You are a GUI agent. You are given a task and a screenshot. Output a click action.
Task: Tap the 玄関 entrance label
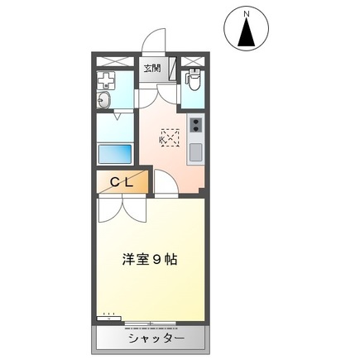click(152, 69)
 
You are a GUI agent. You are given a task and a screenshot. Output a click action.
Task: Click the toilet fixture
click(193, 81)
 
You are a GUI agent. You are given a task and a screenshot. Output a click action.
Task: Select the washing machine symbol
click(107, 80)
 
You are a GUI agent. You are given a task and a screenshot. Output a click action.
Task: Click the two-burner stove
click(196, 126)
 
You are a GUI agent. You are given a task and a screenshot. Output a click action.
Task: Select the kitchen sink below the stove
click(195, 152)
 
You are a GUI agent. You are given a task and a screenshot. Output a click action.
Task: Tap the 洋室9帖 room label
click(148, 258)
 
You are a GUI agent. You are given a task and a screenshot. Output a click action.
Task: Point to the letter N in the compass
click(246, 12)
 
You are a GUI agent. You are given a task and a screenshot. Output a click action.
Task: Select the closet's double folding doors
click(122, 208)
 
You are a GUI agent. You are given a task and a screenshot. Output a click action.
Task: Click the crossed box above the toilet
click(193, 61)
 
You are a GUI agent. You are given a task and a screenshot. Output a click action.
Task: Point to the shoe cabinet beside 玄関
click(171, 70)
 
